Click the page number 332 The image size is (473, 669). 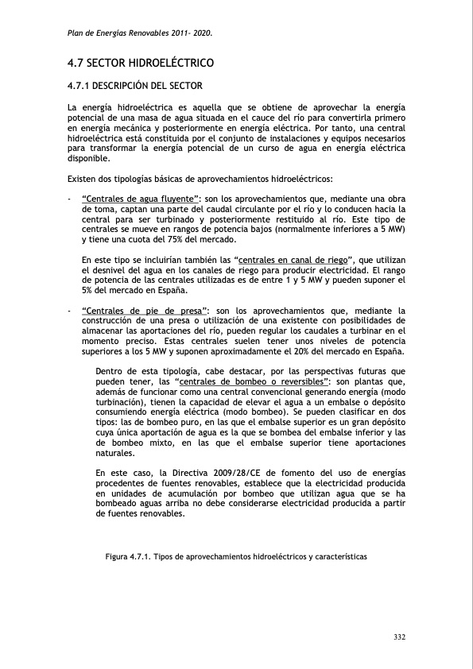[x=400, y=637]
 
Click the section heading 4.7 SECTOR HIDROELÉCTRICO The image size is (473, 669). [x=142, y=62]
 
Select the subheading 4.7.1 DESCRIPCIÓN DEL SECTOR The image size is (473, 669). [x=135, y=85]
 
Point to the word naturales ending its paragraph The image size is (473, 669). [x=115, y=453]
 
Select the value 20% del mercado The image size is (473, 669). [x=327, y=351]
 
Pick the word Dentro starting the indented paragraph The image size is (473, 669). [x=110, y=371]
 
